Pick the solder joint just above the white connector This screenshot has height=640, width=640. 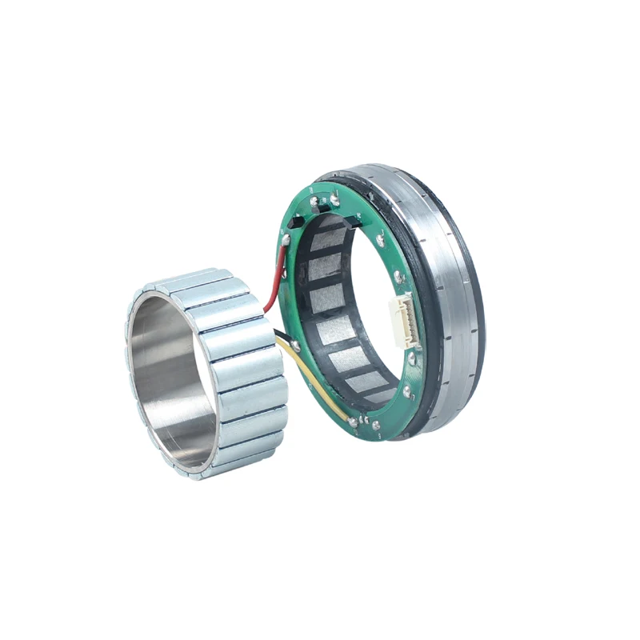click(398, 276)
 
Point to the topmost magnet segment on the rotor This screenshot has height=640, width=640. click(188, 281)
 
